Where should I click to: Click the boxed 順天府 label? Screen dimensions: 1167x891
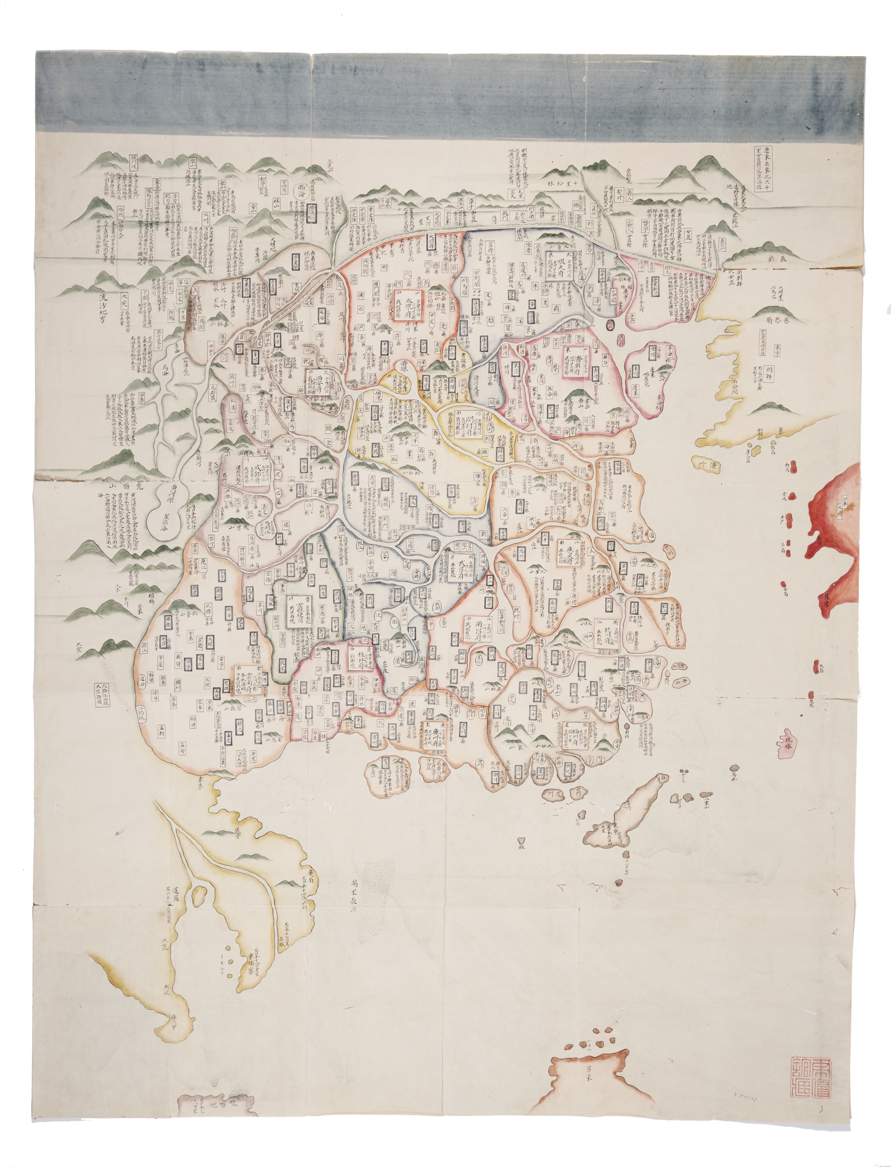click(x=562, y=264)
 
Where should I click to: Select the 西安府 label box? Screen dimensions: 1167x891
click(x=319, y=380)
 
